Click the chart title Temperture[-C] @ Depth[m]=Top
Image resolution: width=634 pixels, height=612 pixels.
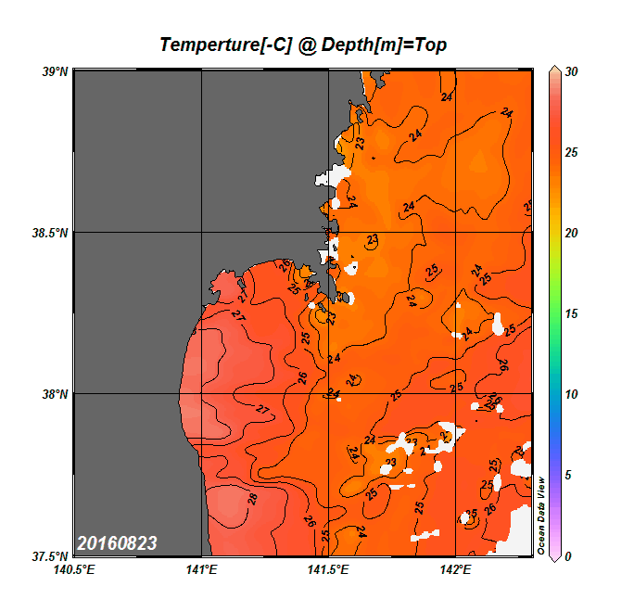(303, 45)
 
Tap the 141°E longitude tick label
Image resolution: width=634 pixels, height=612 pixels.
(202, 569)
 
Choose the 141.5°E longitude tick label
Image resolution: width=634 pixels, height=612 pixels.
(329, 569)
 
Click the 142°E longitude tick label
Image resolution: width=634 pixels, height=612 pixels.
(456, 569)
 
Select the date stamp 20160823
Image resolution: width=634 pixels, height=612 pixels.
(117, 542)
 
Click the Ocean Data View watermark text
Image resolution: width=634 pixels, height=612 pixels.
(542, 516)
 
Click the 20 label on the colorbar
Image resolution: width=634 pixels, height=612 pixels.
(572, 233)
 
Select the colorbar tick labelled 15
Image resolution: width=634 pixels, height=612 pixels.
(572, 313)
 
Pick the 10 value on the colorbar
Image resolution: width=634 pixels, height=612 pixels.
(572, 394)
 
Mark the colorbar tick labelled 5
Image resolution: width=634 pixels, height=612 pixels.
(569, 475)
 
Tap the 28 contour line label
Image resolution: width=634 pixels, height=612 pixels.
(253, 499)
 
